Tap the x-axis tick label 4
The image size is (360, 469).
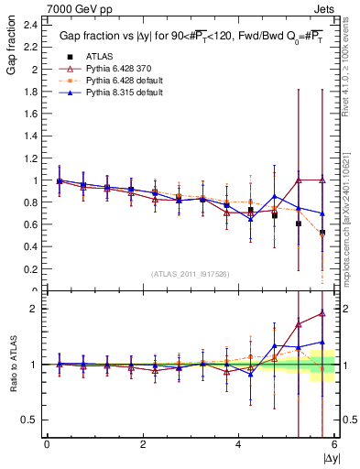238,444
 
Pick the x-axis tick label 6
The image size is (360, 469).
334,444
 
